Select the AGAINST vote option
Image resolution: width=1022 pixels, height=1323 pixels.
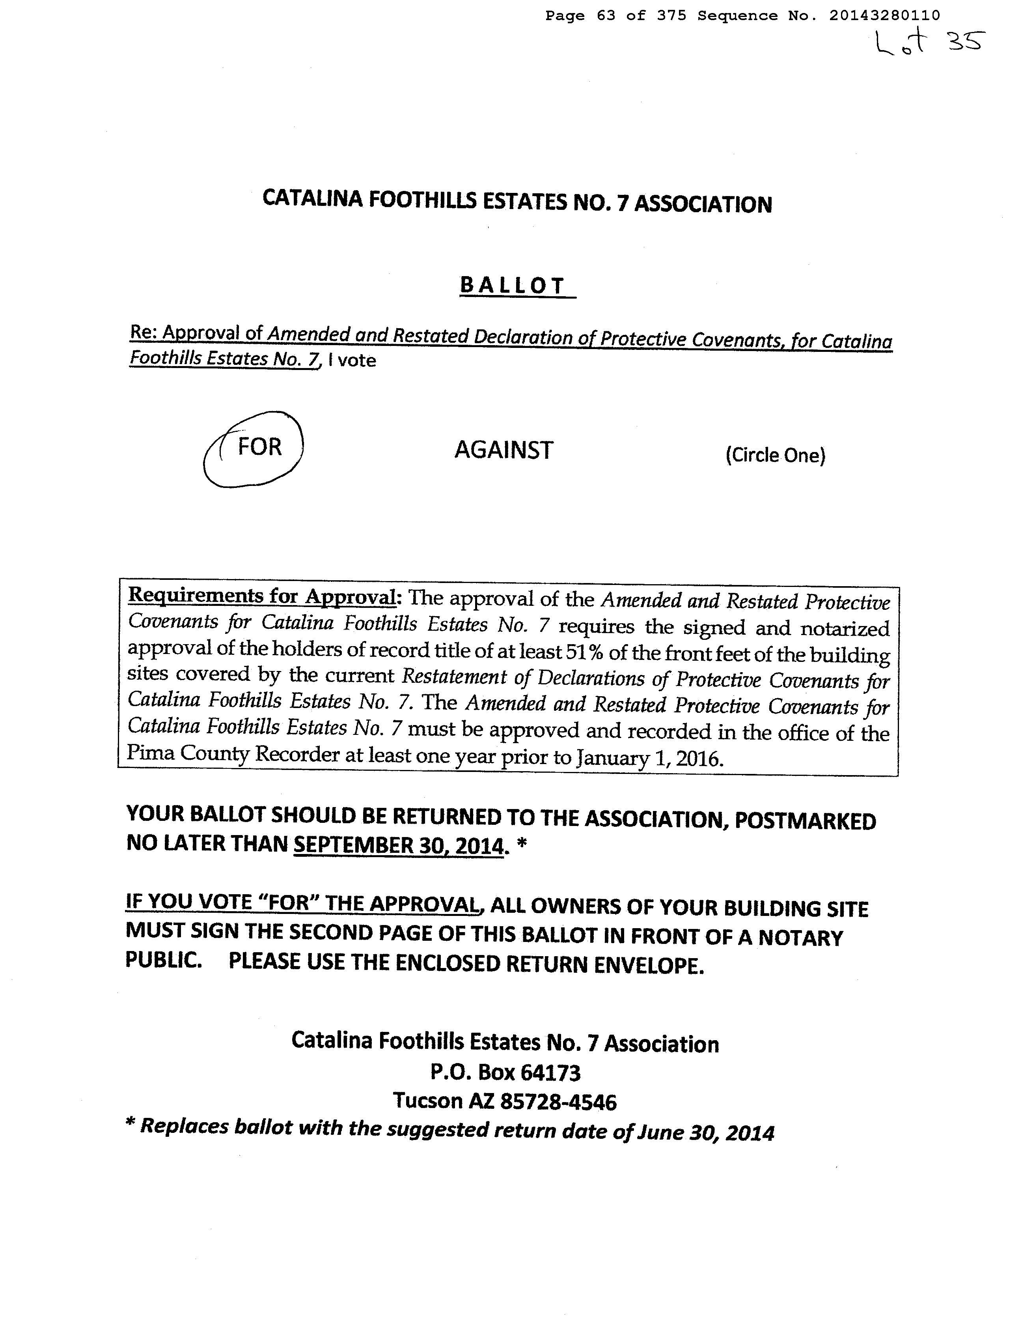point(503,450)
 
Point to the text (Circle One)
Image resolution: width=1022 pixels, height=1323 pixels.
point(775,455)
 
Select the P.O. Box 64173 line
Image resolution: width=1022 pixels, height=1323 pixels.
point(505,1073)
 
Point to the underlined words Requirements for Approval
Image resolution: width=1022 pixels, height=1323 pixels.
point(261,596)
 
